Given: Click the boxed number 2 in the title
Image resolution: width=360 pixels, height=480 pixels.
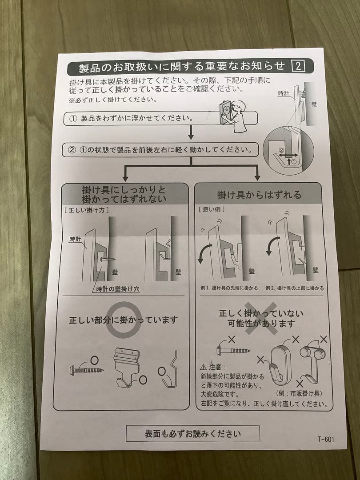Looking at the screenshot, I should (x=297, y=67).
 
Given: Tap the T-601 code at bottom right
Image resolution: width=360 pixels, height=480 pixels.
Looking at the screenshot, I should (x=325, y=439).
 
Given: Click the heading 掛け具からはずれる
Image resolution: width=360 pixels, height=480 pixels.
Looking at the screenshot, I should (x=259, y=195).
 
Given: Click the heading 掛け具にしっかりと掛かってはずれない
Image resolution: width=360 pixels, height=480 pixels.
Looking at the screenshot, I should (x=124, y=195).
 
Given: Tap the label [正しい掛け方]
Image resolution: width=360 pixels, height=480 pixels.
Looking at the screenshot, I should (x=86, y=210).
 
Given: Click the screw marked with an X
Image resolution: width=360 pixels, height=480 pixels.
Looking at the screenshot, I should (x=233, y=351).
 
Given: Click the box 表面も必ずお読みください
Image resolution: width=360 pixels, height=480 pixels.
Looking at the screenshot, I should (x=192, y=433).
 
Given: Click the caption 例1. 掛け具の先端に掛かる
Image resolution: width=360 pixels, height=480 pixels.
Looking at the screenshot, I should (x=229, y=288).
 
